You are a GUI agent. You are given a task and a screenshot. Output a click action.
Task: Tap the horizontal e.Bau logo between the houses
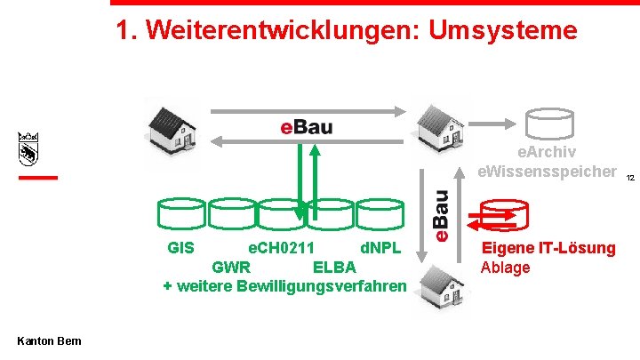pyautogui.click(x=306, y=126)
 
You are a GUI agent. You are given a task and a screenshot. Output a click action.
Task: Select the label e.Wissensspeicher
pyautogui.click(x=547, y=170)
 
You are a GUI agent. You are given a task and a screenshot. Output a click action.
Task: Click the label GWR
pyautogui.click(x=231, y=267)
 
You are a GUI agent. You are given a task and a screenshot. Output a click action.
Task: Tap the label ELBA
pyautogui.click(x=334, y=267)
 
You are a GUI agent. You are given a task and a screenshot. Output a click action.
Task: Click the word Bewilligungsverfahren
pyautogui.click(x=321, y=286)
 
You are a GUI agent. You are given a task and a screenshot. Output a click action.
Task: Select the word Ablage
pyautogui.click(x=505, y=267)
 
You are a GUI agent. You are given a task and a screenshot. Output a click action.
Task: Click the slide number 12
pyautogui.click(x=629, y=178)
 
